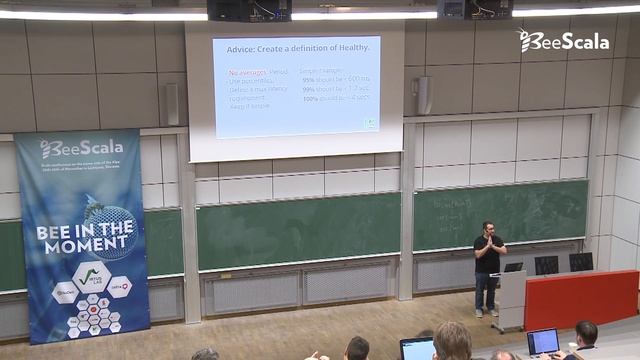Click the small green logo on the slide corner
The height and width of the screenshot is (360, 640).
click(x=370, y=124)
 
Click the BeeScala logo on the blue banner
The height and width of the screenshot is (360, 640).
click(x=81, y=148)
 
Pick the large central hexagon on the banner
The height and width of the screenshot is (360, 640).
click(x=91, y=276)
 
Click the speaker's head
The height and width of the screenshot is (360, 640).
click(x=488, y=229)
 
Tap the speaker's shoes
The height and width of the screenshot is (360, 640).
click(x=486, y=312)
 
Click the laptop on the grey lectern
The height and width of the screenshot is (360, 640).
click(x=513, y=268)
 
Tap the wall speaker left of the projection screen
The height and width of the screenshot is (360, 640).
click(x=172, y=104)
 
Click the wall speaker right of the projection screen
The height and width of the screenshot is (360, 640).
click(x=424, y=95)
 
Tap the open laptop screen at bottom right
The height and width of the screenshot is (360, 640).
click(x=543, y=341)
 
